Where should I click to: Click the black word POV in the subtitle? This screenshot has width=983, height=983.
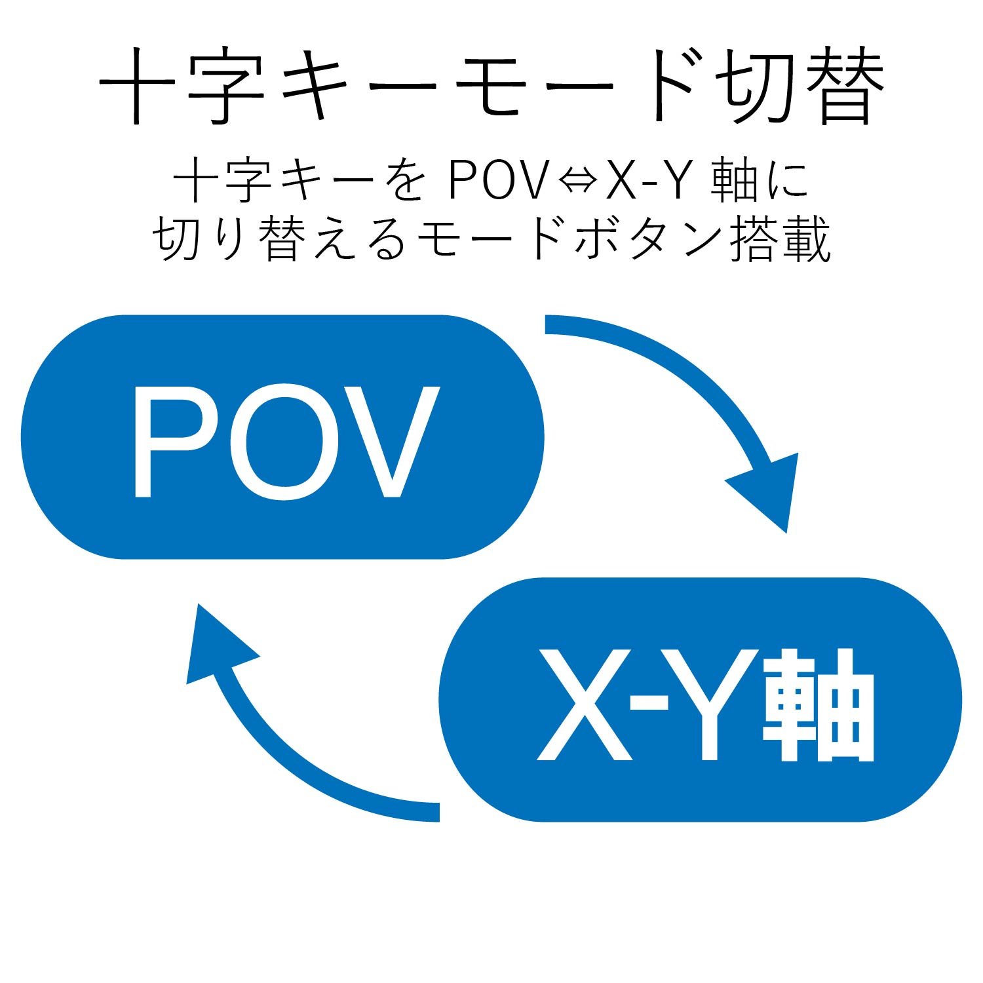point(497,180)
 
